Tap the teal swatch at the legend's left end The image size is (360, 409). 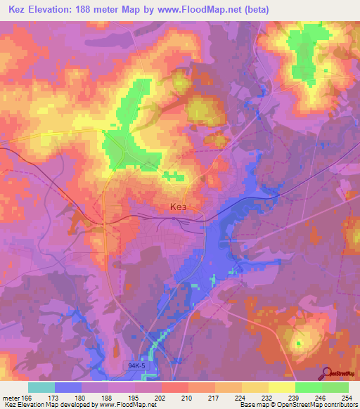click(x=41, y=387)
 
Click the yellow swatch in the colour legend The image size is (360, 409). click(x=282, y=387)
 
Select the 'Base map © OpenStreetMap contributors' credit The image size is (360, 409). click(x=297, y=405)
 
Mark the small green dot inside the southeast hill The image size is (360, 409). click(x=298, y=343)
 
